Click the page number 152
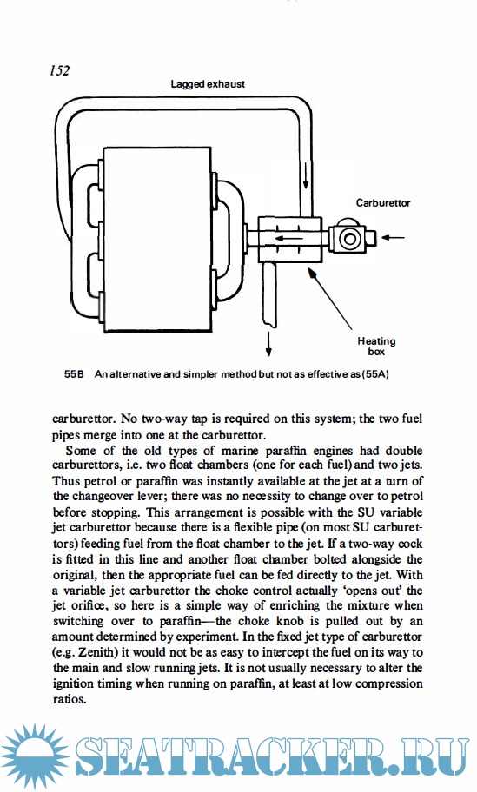pyautogui.click(x=60, y=70)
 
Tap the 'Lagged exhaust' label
pyautogui.click(x=208, y=84)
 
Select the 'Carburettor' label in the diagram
pyautogui.click(x=383, y=203)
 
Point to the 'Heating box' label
pyautogui.click(x=376, y=346)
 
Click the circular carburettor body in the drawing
pyautogui.click(x=349, y=238)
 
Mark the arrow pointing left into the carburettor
pyautogui.click(x=393, y=237)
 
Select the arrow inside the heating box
pyautogui.click(x=288, y=239)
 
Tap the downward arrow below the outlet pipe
pyautogui.click(x=268, y=344)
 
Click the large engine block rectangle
pyautogui.click(x=156, y=240)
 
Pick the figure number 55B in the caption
pyautogui.click(x=74, y=375)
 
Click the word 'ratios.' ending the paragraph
pyautogui.click(x=70, y=700)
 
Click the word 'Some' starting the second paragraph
pyautogui.click(x=82, y=451)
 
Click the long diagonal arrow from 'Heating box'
pyautogui.click(x=330, y=299)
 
